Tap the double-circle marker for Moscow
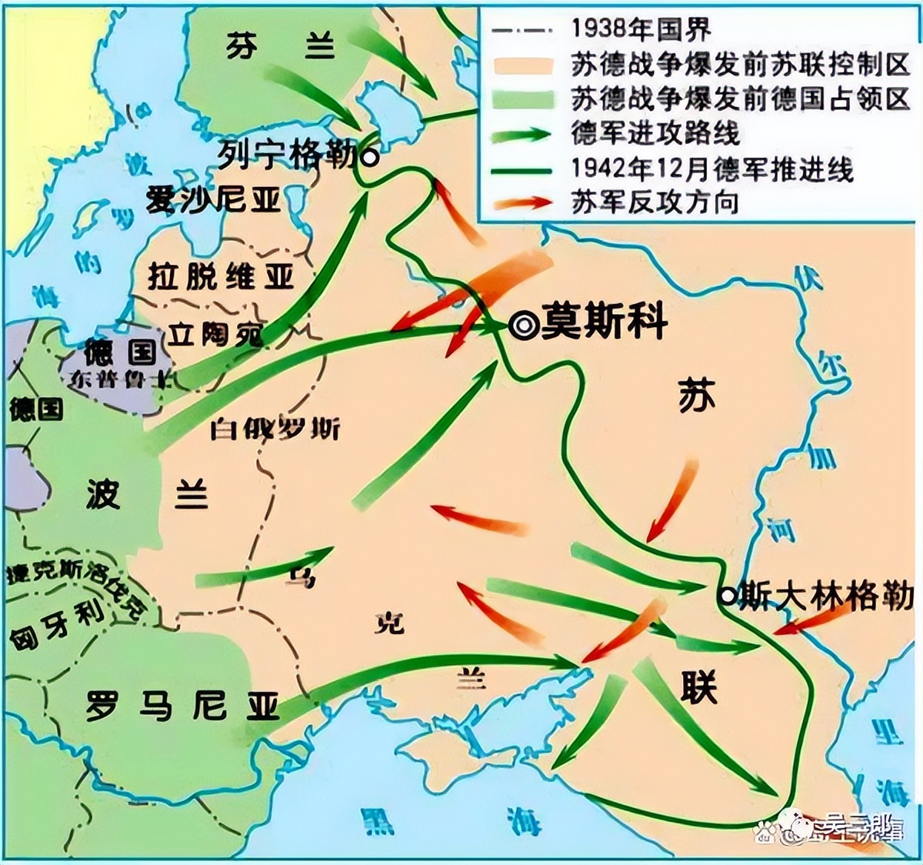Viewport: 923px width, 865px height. coord(524,326)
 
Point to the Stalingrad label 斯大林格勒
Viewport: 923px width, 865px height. coord(825,596)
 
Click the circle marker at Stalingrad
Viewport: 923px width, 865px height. coord(727,595)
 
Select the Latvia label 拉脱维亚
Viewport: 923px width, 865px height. coord(221,276)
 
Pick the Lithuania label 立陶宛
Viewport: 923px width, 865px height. coord(215,335)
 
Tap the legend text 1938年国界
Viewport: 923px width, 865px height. coord(641,29)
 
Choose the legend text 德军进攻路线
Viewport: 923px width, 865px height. coord(655,132)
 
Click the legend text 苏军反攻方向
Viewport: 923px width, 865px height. coord(655,202)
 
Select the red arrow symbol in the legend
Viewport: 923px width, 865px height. coord(523,203)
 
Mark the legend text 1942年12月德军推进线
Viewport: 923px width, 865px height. coord(712,168)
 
